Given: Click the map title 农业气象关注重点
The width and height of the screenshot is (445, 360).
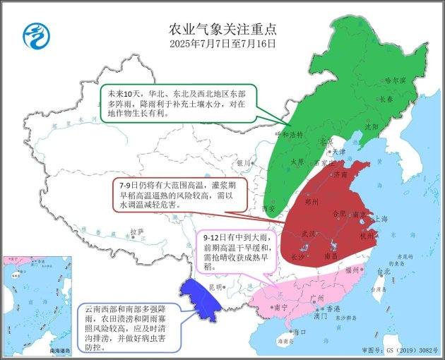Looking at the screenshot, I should click(222, 29).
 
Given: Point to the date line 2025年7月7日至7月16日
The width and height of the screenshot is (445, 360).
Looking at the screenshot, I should click(222, 43).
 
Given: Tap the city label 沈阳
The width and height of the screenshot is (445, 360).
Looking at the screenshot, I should click(371, 127).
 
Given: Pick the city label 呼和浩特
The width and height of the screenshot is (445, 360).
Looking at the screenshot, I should click(291, 133).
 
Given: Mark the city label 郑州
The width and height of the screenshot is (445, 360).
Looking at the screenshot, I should click(312, 200).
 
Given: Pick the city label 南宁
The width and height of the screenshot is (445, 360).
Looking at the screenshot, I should click(280, 307).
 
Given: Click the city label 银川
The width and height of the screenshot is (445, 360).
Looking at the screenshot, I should click(244, 162).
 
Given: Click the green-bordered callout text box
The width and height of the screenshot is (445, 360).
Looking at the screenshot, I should click(176, 103).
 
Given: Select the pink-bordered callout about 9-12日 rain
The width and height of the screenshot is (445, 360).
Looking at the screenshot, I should click(230, 251).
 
